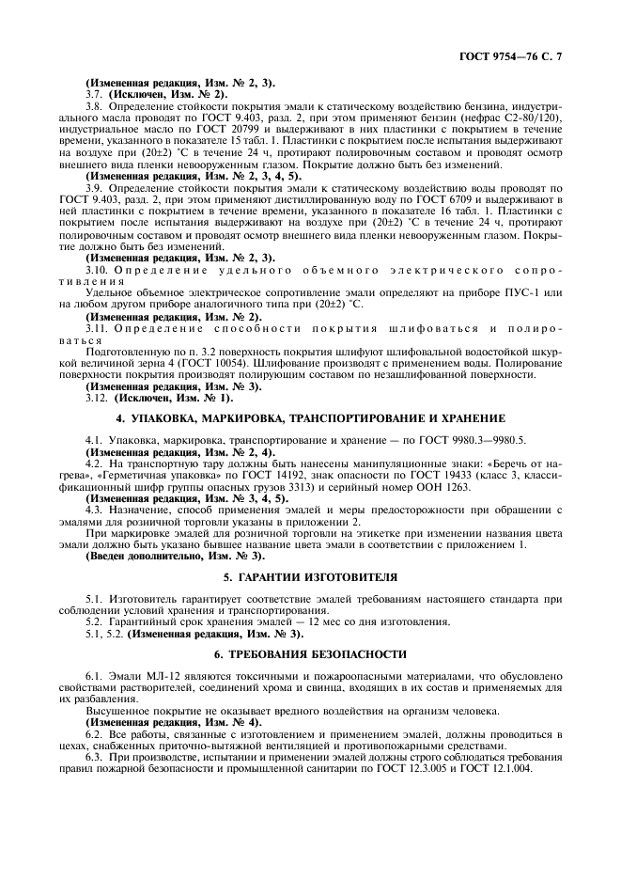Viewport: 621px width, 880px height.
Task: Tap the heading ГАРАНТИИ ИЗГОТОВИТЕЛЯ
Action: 310,575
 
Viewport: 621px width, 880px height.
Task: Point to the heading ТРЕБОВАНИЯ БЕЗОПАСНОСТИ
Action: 310,652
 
